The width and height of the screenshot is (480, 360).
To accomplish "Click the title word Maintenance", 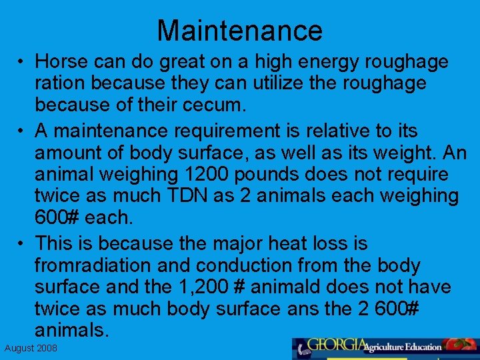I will (239, 31).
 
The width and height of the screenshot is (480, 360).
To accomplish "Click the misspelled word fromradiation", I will (92, 265).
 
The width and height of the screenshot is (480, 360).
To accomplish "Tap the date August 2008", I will (31, 349).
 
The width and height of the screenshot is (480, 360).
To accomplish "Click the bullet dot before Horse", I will (21, 62).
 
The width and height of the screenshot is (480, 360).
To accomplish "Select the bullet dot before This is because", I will (21, 243).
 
